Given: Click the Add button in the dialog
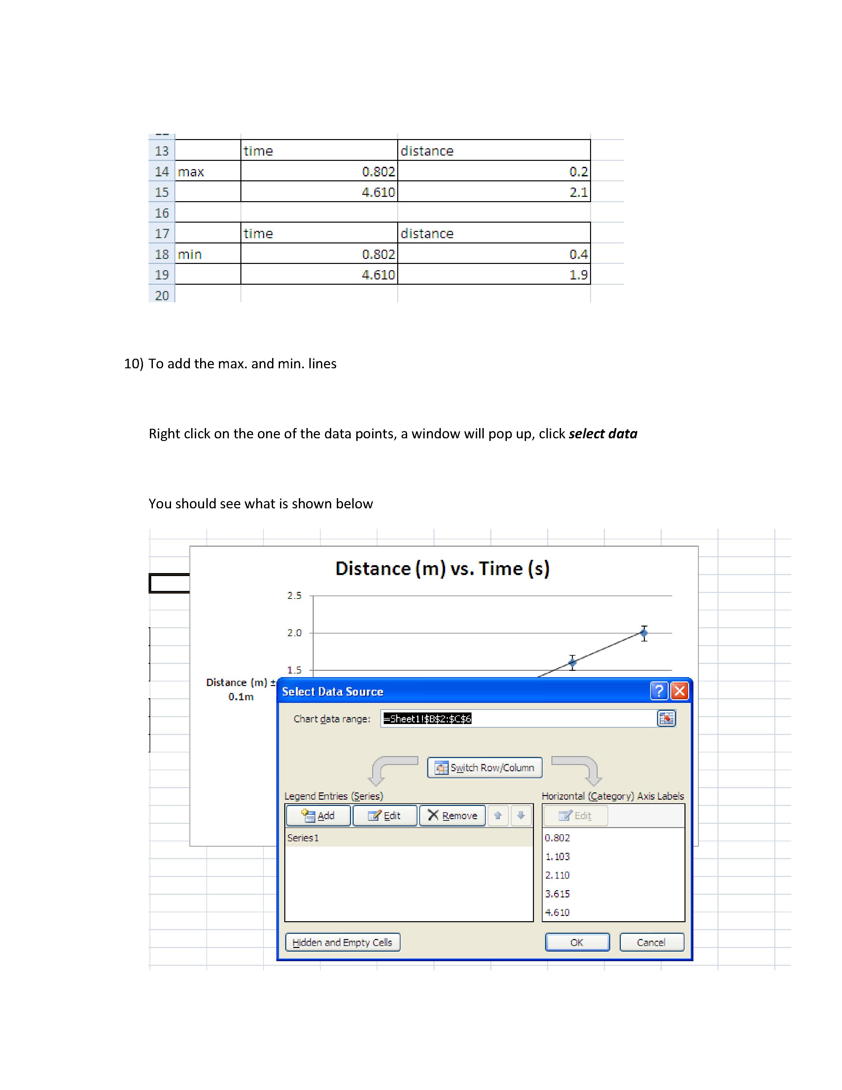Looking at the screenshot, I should [318, 816].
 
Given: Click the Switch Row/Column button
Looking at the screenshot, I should [484, 768].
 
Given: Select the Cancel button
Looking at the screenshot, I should [651, 942].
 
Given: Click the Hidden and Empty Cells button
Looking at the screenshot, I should [342, 942].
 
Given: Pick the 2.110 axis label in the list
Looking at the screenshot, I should [557, 875].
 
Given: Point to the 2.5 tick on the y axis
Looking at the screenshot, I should [294, 596].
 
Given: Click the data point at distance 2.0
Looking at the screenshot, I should [644, 633].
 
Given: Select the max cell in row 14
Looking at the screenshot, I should [191, 172].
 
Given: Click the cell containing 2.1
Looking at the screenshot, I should [578, 192].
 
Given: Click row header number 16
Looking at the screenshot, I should [161, 213].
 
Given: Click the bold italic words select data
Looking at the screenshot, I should [603, 434].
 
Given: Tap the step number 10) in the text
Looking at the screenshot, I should [134, 363].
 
